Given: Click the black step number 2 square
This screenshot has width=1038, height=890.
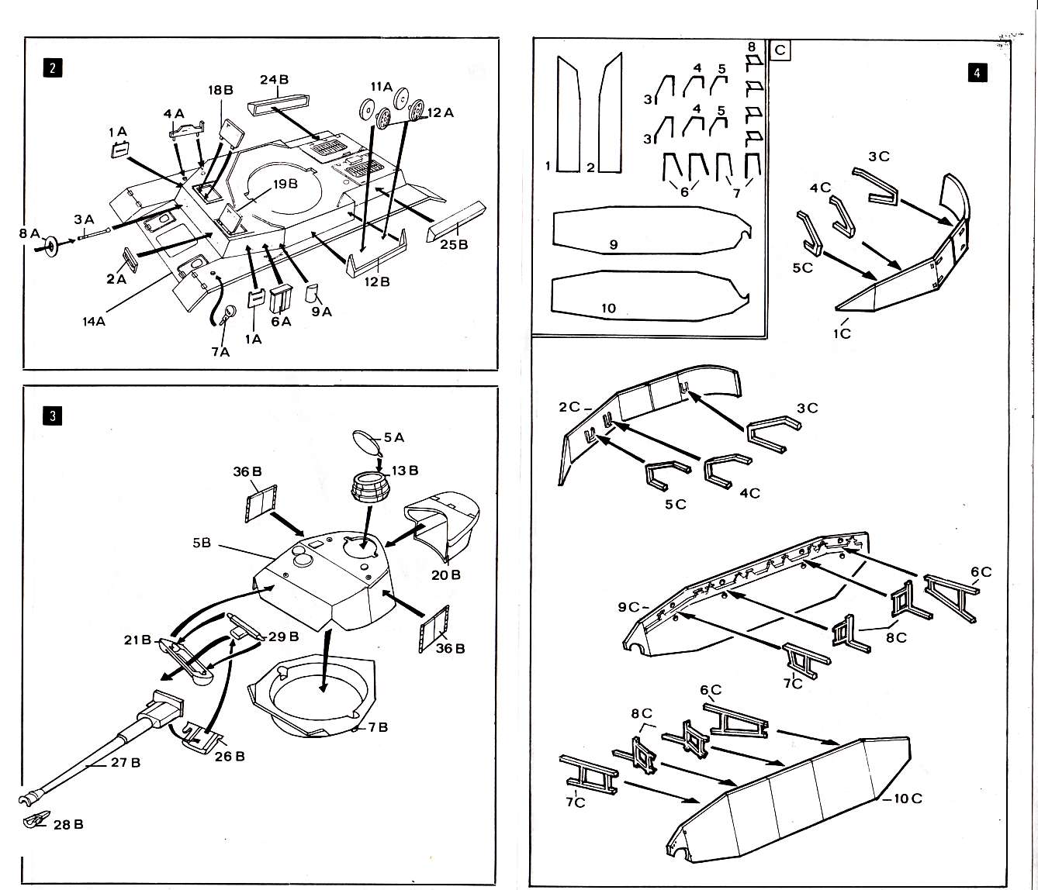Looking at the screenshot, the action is coord(53,68).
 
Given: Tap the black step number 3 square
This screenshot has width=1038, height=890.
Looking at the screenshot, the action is coord(53,416).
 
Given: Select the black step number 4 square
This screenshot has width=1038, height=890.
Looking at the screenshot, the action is coord(977,73).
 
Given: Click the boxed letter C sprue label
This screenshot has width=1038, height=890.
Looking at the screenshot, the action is coord(780,50).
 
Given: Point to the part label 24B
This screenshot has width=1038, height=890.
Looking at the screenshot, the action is coord(274,80).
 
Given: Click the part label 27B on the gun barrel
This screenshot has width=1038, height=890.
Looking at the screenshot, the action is coord(126,763).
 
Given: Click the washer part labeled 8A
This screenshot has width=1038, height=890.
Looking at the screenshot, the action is coord(51,247).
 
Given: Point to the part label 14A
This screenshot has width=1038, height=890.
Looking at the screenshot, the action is coord(94,321).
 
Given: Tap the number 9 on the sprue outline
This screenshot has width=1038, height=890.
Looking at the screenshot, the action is coord(613,244).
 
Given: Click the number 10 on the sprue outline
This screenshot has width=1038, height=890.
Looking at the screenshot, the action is coord(609,309).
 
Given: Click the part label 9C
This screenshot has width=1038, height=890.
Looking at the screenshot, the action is coord(628,607).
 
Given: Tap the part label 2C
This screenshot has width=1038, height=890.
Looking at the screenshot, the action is coord(569,407).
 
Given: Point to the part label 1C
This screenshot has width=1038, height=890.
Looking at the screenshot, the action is coord(843,334).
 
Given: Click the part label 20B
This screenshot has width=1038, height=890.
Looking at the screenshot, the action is coord(445,574).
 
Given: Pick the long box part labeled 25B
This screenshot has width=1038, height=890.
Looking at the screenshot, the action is coord(457,220).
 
